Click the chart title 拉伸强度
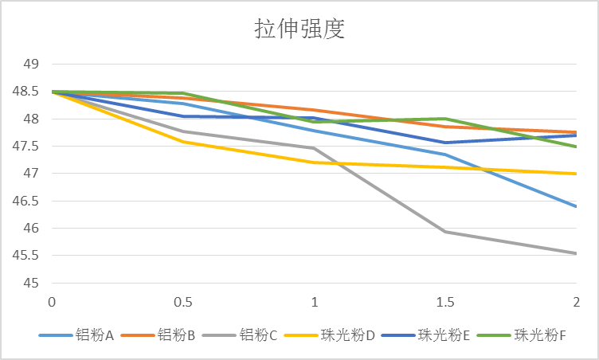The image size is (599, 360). tap(299, 29)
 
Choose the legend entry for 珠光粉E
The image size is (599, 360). tap(444, 335)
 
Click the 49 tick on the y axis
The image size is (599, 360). tap(32, 65)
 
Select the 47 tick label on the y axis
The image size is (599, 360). tap(32, 174)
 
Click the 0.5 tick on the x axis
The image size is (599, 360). tap(182, 303)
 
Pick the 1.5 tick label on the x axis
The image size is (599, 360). tap(445, 303)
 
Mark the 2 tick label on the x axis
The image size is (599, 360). tap(576, 303)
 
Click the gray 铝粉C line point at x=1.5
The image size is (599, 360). tap(445, 232)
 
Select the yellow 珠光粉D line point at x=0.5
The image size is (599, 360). tap(182, 142)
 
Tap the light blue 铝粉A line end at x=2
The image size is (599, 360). tap(576, 206)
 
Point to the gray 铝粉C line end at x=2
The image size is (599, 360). tap(576, 253)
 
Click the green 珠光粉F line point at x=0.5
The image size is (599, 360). tap(182, 93)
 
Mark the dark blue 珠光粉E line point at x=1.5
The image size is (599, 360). tap(445, 143)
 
